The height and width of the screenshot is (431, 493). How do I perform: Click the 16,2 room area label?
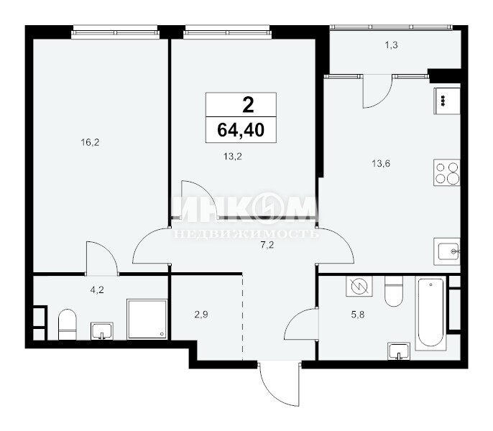(x=91, y=143)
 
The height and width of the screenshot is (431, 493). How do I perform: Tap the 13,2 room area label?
(x=233, y=157)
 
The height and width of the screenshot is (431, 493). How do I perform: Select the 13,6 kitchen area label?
(x=381, y=164)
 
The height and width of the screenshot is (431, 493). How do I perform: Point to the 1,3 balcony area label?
(x=392, y=45)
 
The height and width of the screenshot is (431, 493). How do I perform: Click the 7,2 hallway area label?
(x=267, y=245)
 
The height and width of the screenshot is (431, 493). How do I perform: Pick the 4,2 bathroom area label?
(x=97, y=290)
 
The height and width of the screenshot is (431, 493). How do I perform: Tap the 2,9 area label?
(x=201, y=315)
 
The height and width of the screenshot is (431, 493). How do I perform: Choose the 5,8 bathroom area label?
(x=358, y=315)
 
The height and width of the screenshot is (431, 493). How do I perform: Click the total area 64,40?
(x=241, y=130)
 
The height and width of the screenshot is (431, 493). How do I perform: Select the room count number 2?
(x=248, y=105)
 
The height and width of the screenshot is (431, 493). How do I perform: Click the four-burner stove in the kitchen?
(x=447, y=172)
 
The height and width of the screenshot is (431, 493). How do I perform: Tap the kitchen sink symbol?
(x=447, y=251)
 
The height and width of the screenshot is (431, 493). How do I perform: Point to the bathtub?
(x=430, y=313)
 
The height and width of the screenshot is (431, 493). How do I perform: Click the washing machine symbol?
(x=359, y=286)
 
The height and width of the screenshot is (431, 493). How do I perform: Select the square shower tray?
(x=147, y=320)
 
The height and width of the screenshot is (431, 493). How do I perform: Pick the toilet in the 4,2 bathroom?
(x=68, y=325)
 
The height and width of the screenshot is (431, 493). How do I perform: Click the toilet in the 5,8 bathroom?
(x=394, y=292)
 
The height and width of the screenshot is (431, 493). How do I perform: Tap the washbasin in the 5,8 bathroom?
(x=399, y=351)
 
